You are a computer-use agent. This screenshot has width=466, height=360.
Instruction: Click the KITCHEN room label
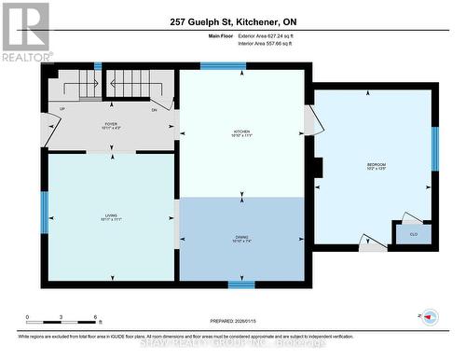point(241,132)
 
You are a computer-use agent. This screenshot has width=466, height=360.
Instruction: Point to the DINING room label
point(241,238)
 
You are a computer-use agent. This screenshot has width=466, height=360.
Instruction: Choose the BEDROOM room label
point(376,165)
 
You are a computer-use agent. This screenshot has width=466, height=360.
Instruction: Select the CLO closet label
point(413,234)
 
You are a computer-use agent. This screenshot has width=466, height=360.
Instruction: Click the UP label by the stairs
point(62,110)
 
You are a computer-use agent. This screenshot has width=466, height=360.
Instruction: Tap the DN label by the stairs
point(155,110)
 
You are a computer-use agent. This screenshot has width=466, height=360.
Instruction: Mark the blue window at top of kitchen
point(223,66)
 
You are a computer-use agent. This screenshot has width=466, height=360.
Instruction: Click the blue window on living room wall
point(44,211)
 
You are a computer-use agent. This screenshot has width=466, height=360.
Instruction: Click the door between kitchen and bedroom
point(311,119)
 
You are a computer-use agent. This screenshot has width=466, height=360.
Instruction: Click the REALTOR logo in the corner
point(25,32)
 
